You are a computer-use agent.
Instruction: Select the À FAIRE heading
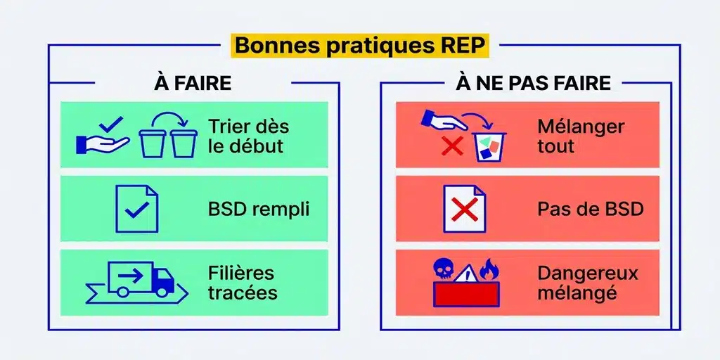pos(193,83)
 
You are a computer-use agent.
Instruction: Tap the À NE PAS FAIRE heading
pos(533,83)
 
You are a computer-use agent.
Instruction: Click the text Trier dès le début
pos(247,136)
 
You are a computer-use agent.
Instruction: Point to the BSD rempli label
pos(258,209)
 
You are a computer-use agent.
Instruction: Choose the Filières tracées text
pos(242,282)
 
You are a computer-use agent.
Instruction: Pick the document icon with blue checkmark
pos(136,208)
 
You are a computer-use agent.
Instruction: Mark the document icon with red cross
pos(463,208)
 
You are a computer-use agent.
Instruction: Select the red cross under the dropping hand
pos(451,146)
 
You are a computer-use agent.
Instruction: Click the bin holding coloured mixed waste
pos(490,146)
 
